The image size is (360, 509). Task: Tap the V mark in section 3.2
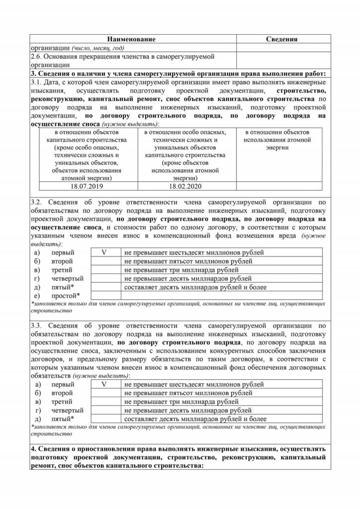tap(104, 252)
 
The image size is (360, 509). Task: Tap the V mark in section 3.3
tap(104, 384)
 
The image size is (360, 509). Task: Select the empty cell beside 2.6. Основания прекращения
tap(281, 62)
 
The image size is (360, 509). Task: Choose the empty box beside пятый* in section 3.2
tap(104, 287)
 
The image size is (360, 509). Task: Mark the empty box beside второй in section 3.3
tap(104, 393)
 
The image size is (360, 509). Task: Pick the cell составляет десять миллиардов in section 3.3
tap(196, 419)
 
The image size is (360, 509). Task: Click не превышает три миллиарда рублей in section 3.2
tap(181, 269)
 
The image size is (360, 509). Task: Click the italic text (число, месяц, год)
tap(97, 48)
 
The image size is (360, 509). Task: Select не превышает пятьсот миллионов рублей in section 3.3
tap(188, 393)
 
